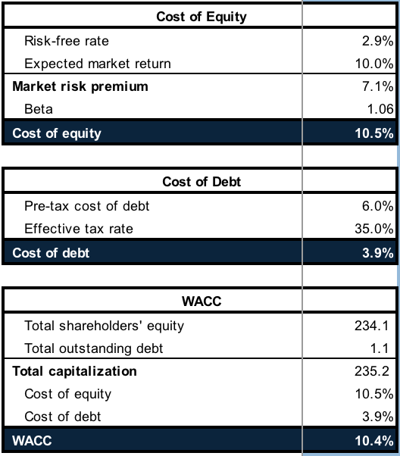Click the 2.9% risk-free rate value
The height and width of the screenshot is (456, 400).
[x=377, y=41]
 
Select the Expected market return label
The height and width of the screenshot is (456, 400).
[x=98, y=64]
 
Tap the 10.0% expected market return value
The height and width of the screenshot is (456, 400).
[x=374, y=64]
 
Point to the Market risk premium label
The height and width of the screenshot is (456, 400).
[x=80, y=86]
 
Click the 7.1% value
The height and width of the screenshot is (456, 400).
[x=377, y=86]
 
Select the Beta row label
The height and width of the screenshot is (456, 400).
[x=39, y=109]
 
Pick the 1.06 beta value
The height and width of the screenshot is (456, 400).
[x=380, y=109]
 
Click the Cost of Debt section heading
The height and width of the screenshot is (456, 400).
[x=202, y=182]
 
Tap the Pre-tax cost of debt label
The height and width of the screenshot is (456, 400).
[x=86, y=206]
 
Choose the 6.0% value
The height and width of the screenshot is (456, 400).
[x=377, y=206]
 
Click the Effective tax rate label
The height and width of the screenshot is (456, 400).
[x=79, y=229]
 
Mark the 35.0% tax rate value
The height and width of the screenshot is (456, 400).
[x=374, y=229]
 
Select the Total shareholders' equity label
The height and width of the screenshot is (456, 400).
[x=104, y=326]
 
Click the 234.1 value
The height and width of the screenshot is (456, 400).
[x=372, y=326]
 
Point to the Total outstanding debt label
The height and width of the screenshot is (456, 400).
[x=94, y=348]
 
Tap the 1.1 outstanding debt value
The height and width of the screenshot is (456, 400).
[x=380, y=348]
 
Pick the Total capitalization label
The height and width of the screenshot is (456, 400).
[x=74, y=371]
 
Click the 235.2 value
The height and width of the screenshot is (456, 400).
[x=372, y=371]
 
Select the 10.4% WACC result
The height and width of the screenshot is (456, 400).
[x=374, y=441]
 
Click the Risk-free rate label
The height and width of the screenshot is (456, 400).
[x=67, y=41]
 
